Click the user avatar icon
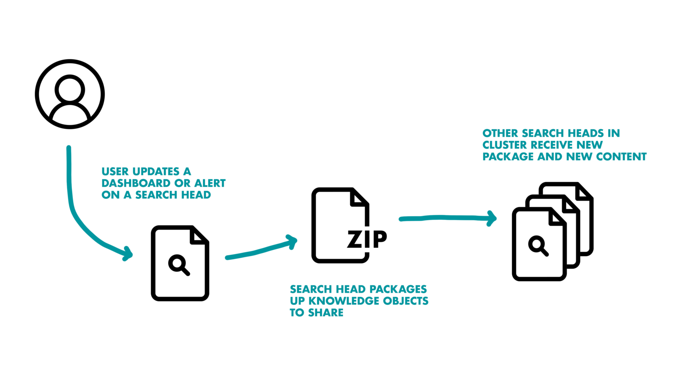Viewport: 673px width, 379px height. click(70, 94)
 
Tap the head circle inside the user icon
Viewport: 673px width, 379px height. click(70, 89)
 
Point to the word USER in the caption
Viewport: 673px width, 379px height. click(115, 172)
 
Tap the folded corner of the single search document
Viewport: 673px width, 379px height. click(198, 236)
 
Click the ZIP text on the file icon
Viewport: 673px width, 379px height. click(367, 240)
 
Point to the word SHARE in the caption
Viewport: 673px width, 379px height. click(326, 313)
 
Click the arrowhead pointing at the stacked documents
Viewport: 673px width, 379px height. click(492, 218)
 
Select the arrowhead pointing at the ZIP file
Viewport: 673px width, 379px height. click(292, 242)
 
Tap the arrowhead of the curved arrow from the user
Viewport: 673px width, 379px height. click(128, 254)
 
